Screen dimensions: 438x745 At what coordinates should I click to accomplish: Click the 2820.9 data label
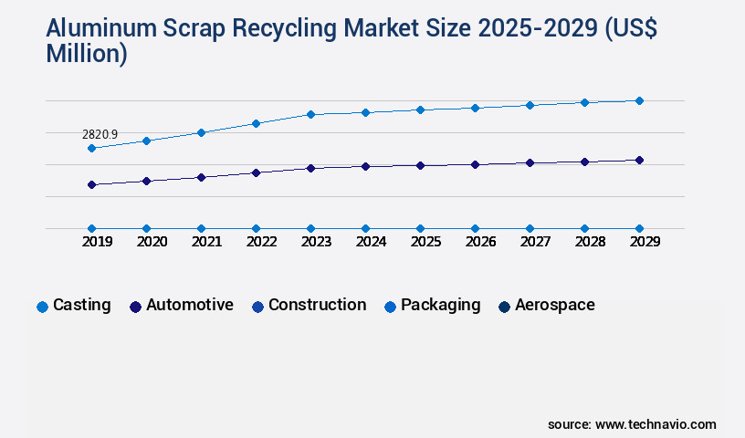point(100,134)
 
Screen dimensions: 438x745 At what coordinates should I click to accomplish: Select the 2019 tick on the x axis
point(91,242)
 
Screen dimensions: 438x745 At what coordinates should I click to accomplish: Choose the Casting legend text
point(82,306)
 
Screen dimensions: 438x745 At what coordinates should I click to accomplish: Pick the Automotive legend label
point(189,306)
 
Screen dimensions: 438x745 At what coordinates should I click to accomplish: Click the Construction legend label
point(317,306)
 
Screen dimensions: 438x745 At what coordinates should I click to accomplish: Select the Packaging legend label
point(440,306)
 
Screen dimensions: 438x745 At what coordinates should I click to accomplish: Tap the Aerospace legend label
point(554,306)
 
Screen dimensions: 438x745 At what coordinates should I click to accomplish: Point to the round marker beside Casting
point(42,307)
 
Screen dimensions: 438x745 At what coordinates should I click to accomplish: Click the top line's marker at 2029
point(639,100)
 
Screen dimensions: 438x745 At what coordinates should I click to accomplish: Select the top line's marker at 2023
point(310,114)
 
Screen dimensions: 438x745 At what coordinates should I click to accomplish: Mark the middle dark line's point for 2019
point(91,184)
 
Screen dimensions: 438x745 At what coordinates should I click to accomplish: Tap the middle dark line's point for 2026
point(475,164)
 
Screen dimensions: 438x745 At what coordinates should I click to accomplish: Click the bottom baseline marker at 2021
point(201,228)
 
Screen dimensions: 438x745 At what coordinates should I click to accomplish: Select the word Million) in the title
point(86,54)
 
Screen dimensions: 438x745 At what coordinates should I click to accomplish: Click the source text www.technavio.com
point(656,424)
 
